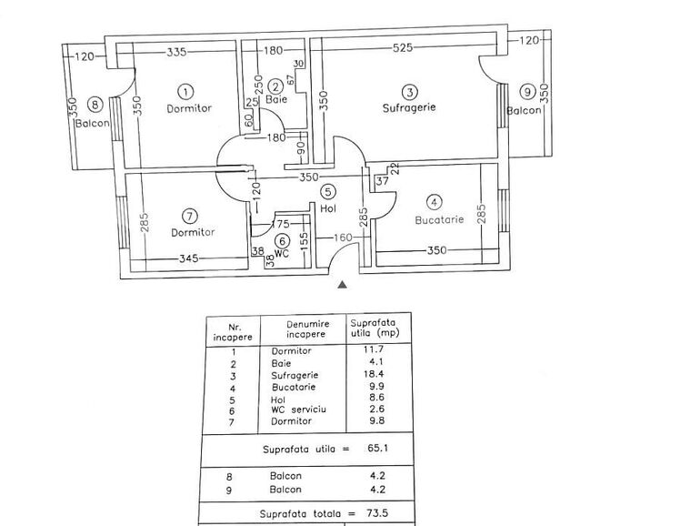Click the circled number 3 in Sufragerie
(409, 92)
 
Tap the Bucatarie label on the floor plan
(439, 220)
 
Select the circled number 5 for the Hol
(328, 192)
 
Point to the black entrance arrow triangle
(342, 285)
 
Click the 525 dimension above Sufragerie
(403, 47)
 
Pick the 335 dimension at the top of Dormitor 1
(176, 52)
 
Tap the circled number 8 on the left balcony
(95, 106)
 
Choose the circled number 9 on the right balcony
(527, 92)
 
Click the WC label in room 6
(282, 254)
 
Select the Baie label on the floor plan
(276, 99)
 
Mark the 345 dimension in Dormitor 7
(189, 258)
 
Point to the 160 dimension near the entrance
(343, 238)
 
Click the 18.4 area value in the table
(374, 374)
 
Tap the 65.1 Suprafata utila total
(377, 448)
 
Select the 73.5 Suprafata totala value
(377, 513)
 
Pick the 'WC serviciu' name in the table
(298, 410)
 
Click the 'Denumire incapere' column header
(307, 329)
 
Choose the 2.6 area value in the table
(376, 409)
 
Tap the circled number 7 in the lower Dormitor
(190, 217)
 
